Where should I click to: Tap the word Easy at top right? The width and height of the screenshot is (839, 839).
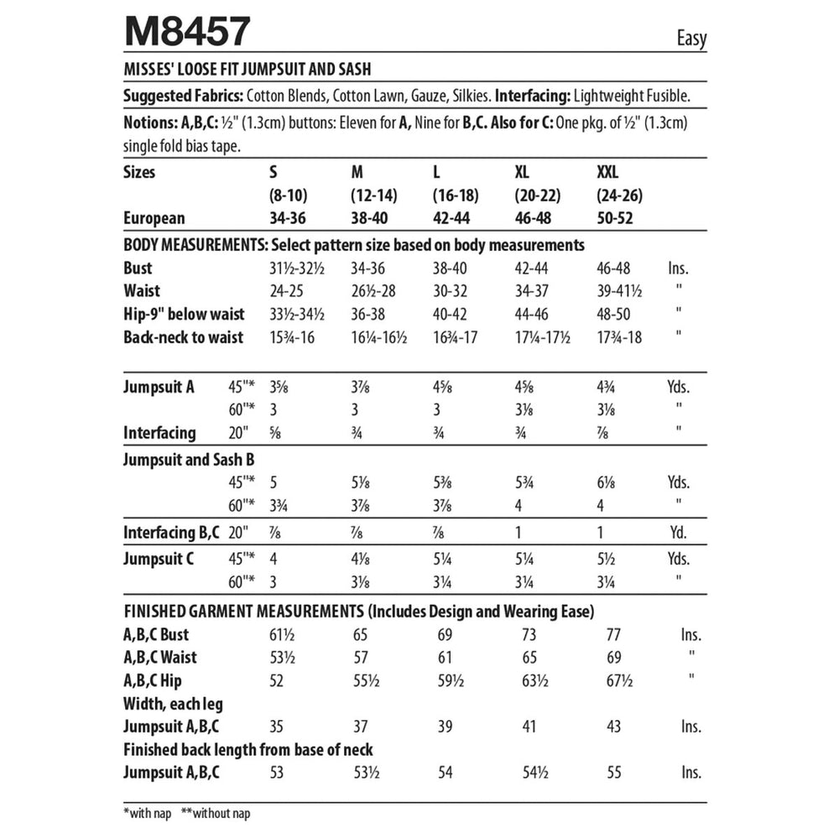[690, 39]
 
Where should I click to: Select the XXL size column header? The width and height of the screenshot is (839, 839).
[607, 173]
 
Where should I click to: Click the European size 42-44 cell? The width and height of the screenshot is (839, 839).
[455, 218]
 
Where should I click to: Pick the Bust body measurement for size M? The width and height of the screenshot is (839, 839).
[370, 269]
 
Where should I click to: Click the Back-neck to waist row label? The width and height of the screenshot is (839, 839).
[184, 337]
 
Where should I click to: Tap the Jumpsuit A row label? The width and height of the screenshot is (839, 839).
[159, 387]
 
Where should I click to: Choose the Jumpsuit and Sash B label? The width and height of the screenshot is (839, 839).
[189, 460]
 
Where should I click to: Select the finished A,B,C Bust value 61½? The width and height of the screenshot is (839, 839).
[283, 635]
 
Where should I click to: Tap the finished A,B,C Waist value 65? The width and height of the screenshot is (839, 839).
[529, 658]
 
